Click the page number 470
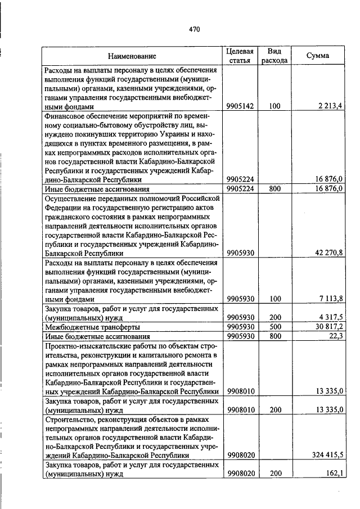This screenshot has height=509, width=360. pyautogui.click(x=195, y=29)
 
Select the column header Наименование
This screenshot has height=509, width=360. pyautogui.click(x=132, y=56)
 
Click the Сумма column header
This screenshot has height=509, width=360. pyautogui.click(x=318, y=56)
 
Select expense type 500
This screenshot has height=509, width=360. pyautogui.click(x=274, y=326)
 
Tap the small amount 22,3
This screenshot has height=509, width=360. pyautogui.click(x=336, y=336)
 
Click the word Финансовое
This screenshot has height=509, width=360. pyautogui.click(x=65, y=115)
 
